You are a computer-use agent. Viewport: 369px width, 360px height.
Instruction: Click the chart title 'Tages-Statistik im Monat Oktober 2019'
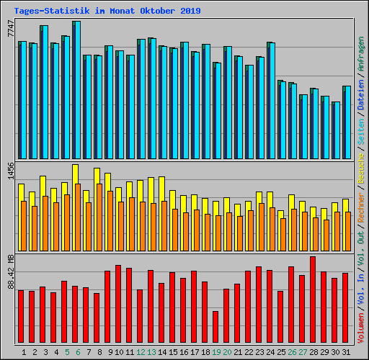tap(107, 12)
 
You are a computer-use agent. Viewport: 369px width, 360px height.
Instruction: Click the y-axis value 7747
tap(10, 30)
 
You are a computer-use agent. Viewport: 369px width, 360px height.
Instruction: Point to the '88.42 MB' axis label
tap(10, 272)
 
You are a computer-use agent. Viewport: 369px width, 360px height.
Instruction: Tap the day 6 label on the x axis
tap(78, 352)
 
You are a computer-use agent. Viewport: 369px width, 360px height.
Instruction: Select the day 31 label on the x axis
tap(346, 352)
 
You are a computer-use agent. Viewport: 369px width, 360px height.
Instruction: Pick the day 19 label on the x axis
tap(216, 352)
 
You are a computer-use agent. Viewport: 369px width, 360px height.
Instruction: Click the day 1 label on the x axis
tap(25, 352)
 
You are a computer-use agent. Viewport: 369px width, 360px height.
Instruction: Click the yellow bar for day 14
tap(161, 188)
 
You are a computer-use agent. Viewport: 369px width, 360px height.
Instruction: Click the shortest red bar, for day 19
tap(215, 327)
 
